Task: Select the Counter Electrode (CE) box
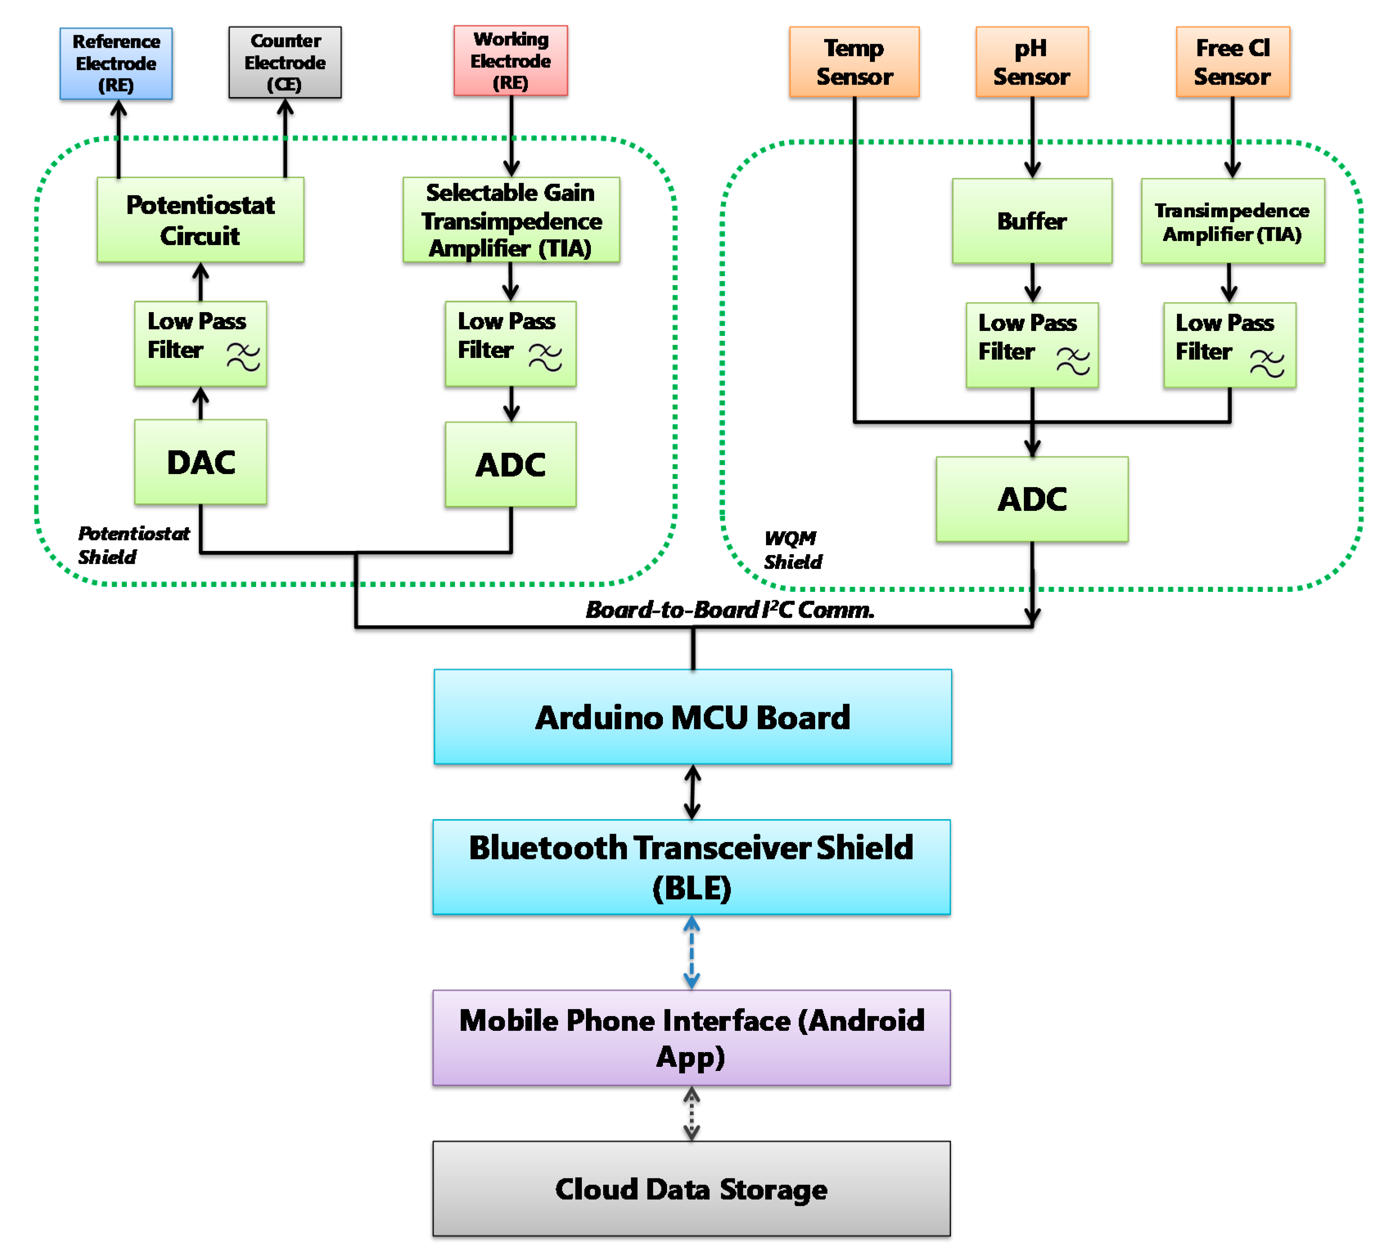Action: pyautogui.click(x=285, y=63)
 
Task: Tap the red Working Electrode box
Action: pyautogui.click(x=510, y=61)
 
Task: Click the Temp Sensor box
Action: pyautogui.click(x=854, y=62)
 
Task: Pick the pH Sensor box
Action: pyautogui.click(x=1031, y=62)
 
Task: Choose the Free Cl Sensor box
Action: pyautogui.click(x=1232, y=62)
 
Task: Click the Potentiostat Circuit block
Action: pyautogui.click(x=200, y=220)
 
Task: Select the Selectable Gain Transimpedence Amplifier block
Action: pyautogui.click(x=511, y=220)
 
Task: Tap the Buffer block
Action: pyautogui.click(x=1031, y=220)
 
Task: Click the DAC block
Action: pyautogui.click(x=200, y=462)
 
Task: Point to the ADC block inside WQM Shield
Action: pyautogui.click(x=1031, y=499)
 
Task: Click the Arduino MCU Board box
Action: pyautogui.click(x=692, y=717)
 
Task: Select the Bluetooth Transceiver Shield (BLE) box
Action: pyautogui.click(x=691, y=867)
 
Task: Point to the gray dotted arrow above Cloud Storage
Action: pyautogui.click(x=692, y=1113)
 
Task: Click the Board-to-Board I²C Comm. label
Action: pyautogui.click(x=730, y=610)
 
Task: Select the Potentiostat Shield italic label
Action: pyautogui.click(x=132, y=545)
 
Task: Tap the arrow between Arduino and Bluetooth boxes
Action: pyautogui.click(x=692, y=792)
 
